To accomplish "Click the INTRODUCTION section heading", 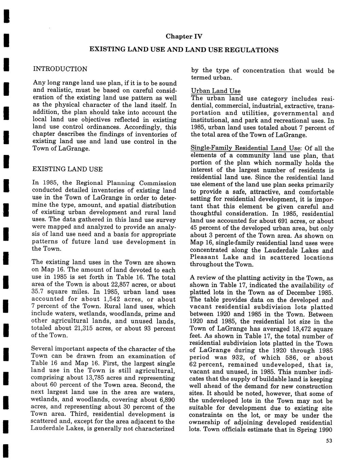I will pyautogui.click(x=60, y=69).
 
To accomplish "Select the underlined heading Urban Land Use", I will pyautogui.click(x=216, y=91).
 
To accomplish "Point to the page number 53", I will pyautogui.click(x=328, y=441).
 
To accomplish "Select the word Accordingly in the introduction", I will pyautogui.click(x=142, y=127).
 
